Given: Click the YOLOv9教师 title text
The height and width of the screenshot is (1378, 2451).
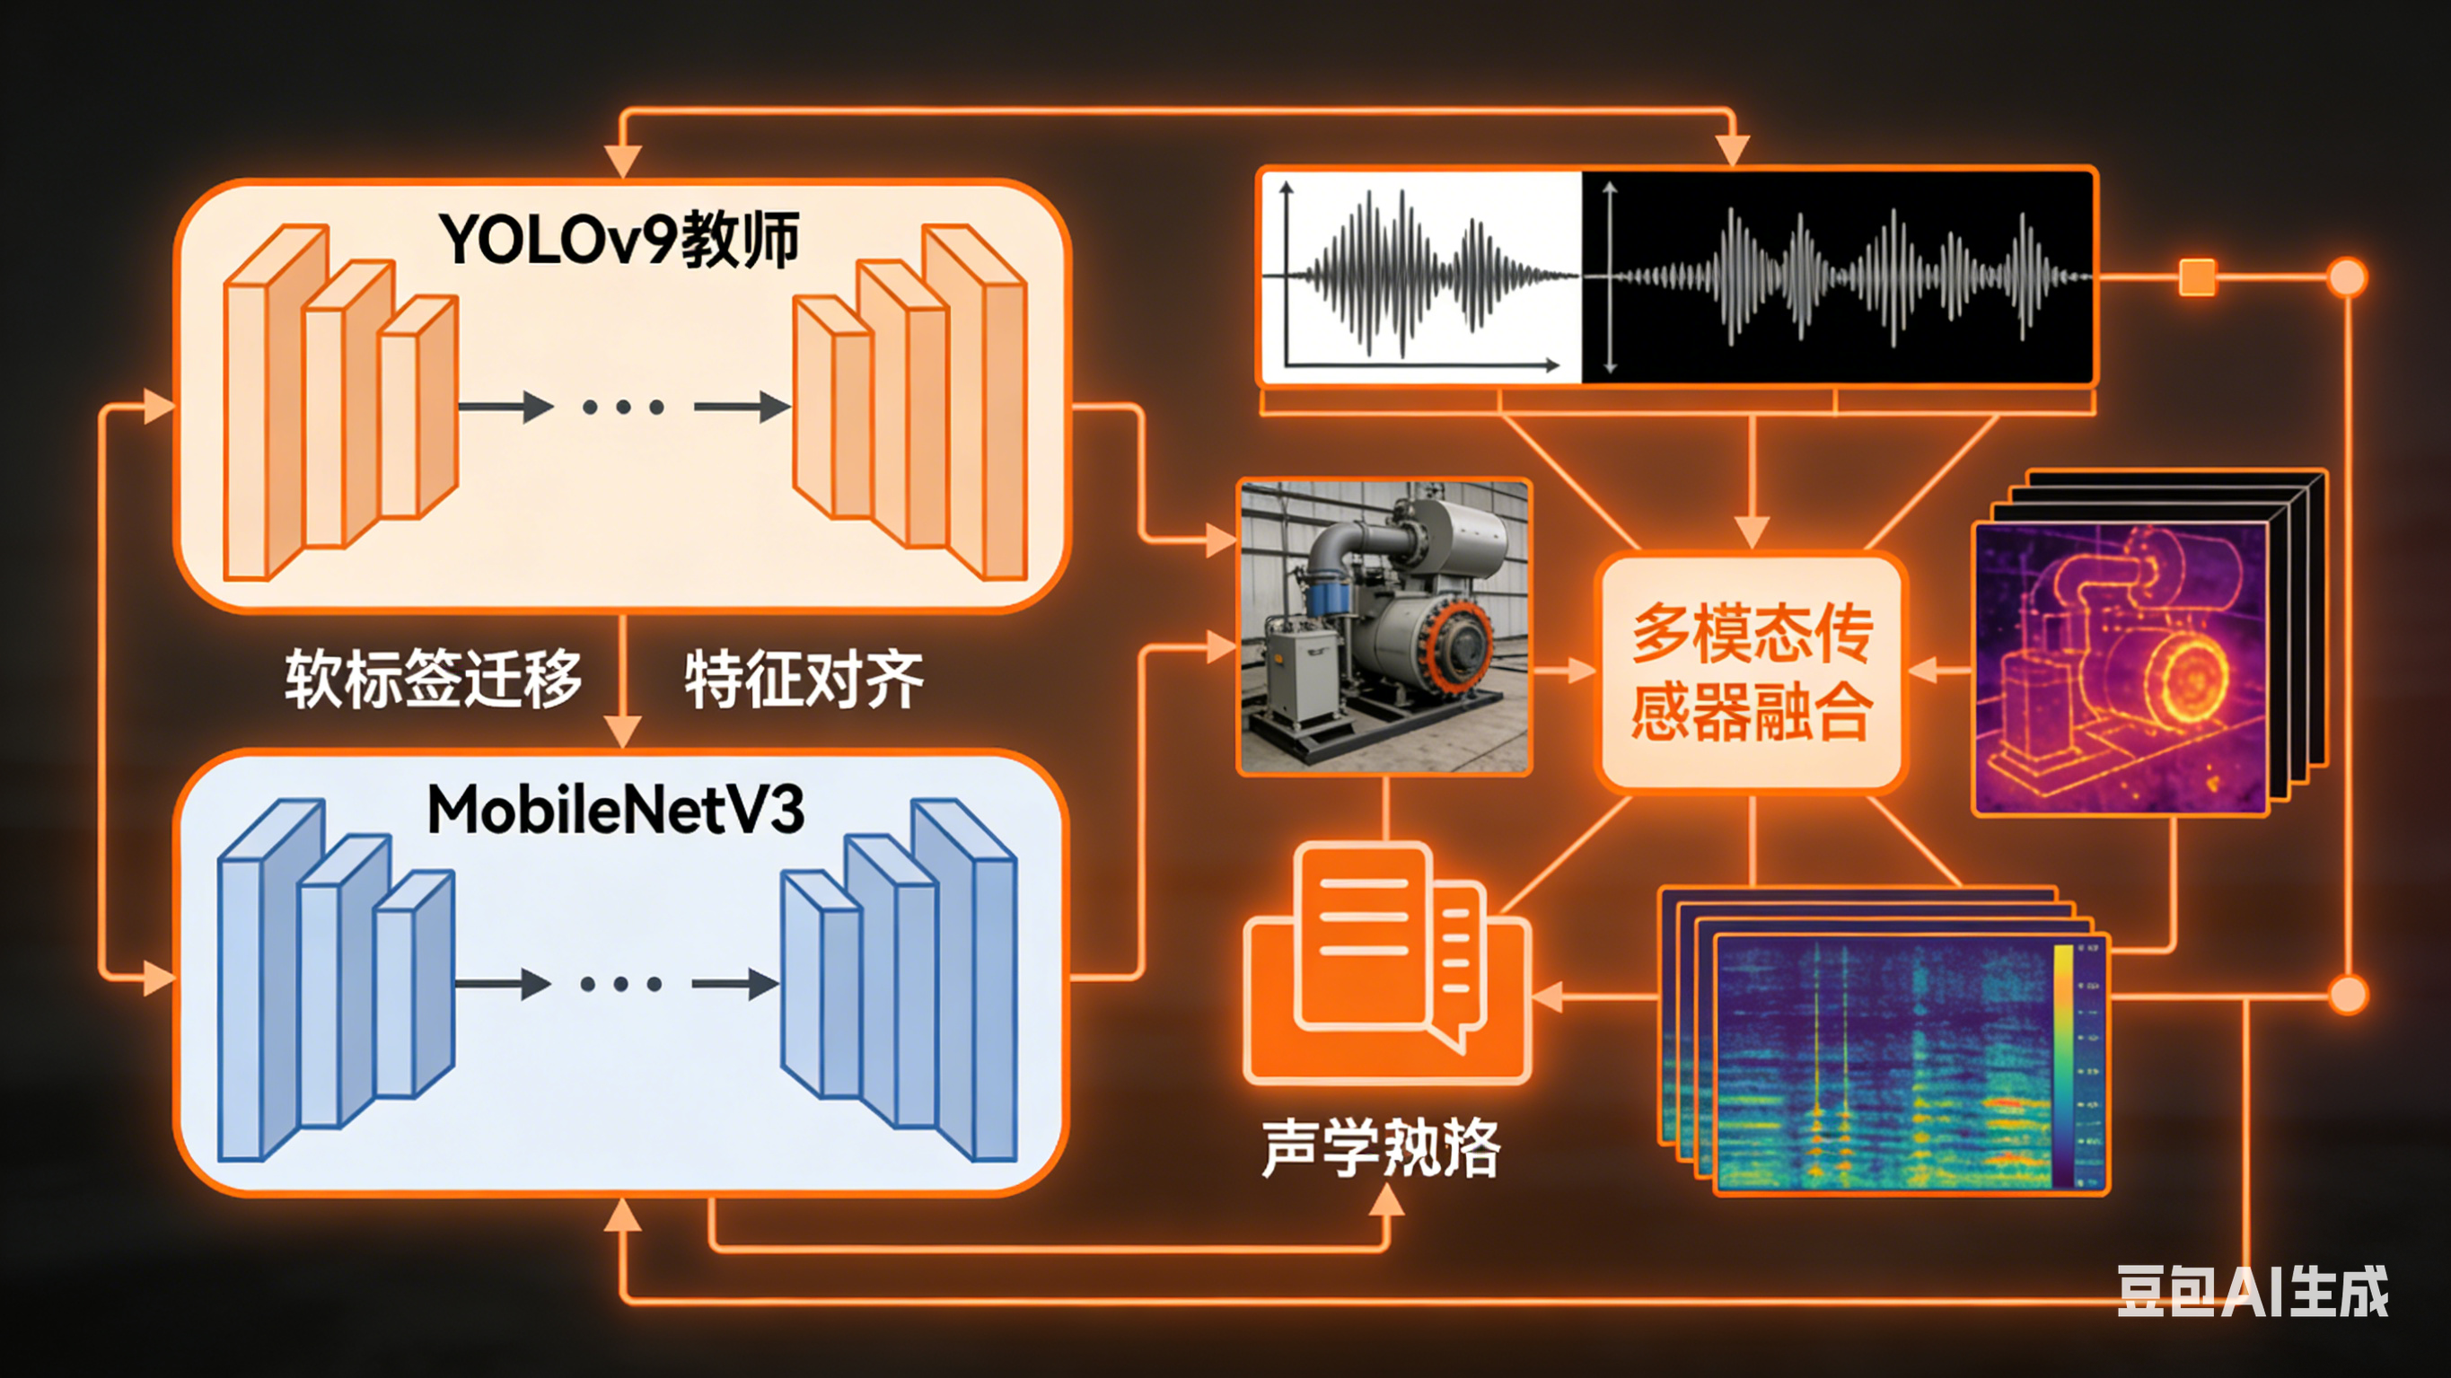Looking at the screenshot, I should pyautogui.click(x=619, y=240).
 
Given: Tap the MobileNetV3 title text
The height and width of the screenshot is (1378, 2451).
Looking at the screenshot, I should pyautogui.click(x=617, y=810).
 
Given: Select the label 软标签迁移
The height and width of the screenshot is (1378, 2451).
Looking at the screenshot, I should pyautogui.click(x=433, y=679).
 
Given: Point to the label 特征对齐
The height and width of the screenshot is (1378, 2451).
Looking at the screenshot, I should pyautogui.click(x=804, y=679).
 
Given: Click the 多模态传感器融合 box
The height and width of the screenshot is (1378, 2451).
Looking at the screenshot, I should pyautogui.click(x=1752, y=671).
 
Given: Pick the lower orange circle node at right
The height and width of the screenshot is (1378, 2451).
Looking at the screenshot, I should pyautogui.click(x=2347, y=995).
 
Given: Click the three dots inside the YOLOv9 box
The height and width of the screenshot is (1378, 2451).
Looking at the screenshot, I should pyautogui.click(x=623, y=408).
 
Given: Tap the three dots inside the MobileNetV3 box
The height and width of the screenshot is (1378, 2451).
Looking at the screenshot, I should pyautogui.click(x=621, y=984).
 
